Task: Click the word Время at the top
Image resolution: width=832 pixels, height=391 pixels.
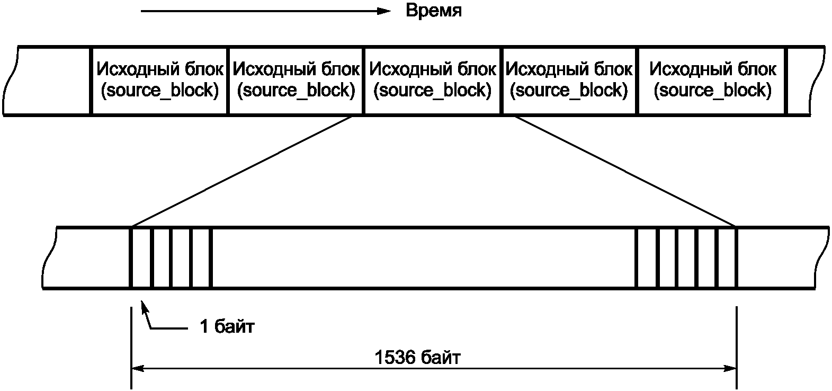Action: click(x=433, y=11)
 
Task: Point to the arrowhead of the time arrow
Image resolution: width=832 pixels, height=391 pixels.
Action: click(x=386, y=11)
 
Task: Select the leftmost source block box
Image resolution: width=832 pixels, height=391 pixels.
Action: click(x=159, y=80)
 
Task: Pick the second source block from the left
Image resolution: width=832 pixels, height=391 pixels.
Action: click(x=296, y=80)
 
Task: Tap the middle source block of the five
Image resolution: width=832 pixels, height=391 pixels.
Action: click(x=432, y=80)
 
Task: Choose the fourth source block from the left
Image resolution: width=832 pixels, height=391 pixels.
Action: click(x=569, y=80)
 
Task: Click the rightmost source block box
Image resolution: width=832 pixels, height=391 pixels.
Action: click(x=712, y=80)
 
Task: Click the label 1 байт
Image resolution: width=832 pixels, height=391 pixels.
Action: click(x=227, y=327)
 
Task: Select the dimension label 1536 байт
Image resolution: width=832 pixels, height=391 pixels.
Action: click(x=417, y=358)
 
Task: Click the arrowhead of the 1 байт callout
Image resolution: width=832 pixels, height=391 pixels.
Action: click(x=142, y=305)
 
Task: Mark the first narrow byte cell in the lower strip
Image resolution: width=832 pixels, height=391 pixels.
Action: click(x=141, y=258)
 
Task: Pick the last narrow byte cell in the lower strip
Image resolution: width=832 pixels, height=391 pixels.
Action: click(x=726, y=258)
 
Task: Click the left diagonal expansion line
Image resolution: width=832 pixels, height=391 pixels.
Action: click(x=241, y=171)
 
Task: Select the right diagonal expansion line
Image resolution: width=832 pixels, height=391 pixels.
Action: click(x=625, y=171)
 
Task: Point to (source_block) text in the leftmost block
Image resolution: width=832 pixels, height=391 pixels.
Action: click(x=159, y=91)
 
